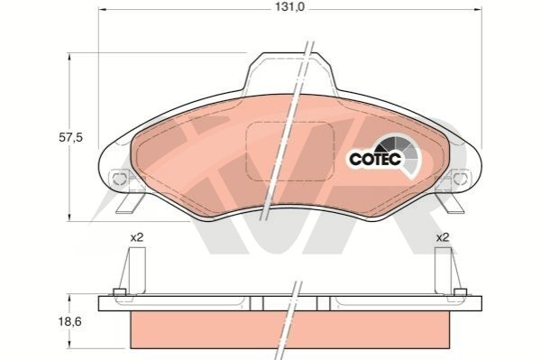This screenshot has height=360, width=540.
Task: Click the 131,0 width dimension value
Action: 289,7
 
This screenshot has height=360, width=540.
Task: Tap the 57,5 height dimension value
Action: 70,137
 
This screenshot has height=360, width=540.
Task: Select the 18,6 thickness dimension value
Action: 70,322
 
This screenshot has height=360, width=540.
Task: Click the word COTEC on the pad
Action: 375,159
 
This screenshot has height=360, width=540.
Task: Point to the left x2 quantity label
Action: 137,237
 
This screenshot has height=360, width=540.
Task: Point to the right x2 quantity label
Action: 443,237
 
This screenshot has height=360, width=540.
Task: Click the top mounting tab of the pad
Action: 290,71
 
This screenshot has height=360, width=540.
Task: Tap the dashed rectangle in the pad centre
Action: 290,151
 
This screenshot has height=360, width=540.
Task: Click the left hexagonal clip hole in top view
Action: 119,179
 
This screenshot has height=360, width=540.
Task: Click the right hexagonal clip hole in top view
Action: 460,179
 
